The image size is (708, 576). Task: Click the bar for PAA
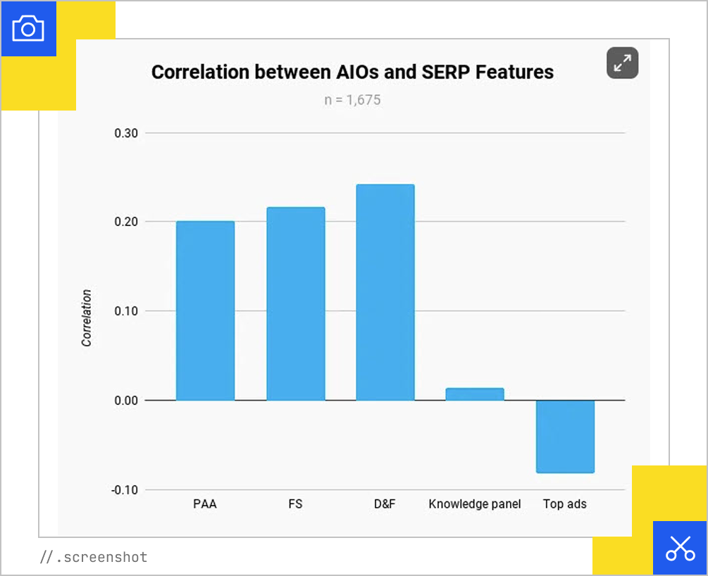[205, 311]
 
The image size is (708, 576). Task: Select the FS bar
[295, 303]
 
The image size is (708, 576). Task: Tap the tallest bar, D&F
[385, 292]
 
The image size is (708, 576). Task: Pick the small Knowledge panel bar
[475, 394]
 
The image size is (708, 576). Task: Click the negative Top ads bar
[565, 436]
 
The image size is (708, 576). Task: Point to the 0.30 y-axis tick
[126, 133]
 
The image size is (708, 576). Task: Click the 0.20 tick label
[126, 222]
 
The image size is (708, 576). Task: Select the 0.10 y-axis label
[126, 311]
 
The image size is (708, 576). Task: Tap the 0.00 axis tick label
[126, 400]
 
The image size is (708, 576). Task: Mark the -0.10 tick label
[125, 489]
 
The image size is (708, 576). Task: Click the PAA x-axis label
[205, 504]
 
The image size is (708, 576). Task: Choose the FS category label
[295, 504]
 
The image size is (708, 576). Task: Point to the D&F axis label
[385, 504]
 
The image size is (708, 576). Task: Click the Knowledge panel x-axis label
[475, 504]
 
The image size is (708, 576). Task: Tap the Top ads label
[565, 504]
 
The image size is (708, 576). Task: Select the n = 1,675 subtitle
[352, 100]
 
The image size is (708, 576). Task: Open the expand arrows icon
[622, 63]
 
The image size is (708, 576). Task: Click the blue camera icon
[28, 29]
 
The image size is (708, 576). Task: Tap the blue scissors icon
[680, 548]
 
